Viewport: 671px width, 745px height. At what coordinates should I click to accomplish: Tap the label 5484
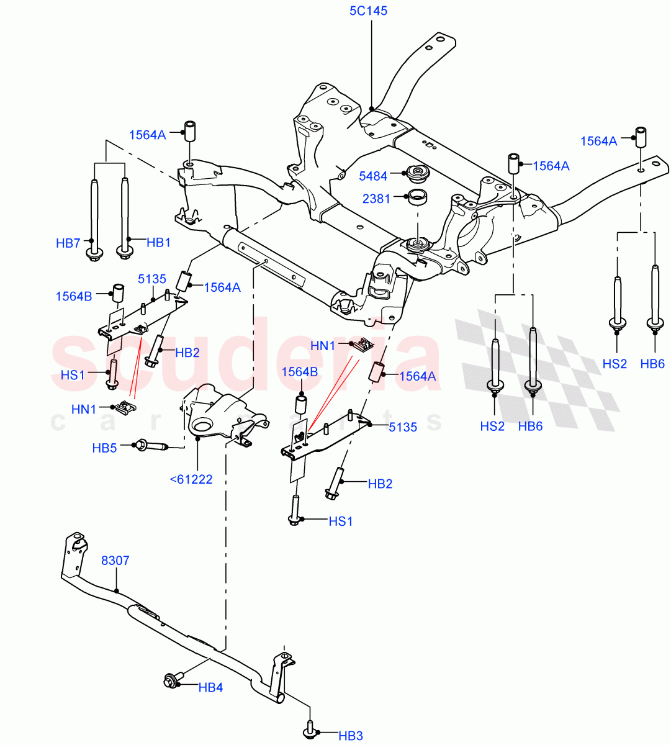coord(373,176)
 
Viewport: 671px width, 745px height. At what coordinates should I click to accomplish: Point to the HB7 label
coord(68,243)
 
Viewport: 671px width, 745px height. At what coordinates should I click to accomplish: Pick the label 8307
coord(115,561)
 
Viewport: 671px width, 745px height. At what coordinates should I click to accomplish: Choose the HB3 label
coord(351,736)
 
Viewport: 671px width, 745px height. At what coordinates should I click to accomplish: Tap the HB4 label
coord(210,687)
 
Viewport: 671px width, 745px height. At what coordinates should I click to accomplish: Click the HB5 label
coord(104,447)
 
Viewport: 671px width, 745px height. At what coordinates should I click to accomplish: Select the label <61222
coord(191,479)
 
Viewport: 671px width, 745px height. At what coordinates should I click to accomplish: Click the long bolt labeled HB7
coord(94,217)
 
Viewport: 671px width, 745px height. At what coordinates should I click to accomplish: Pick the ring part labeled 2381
coord(417,198)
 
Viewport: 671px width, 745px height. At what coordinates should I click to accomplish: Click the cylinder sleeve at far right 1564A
coord(640,136)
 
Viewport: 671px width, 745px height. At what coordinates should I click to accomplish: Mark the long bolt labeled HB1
coord(125,217)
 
